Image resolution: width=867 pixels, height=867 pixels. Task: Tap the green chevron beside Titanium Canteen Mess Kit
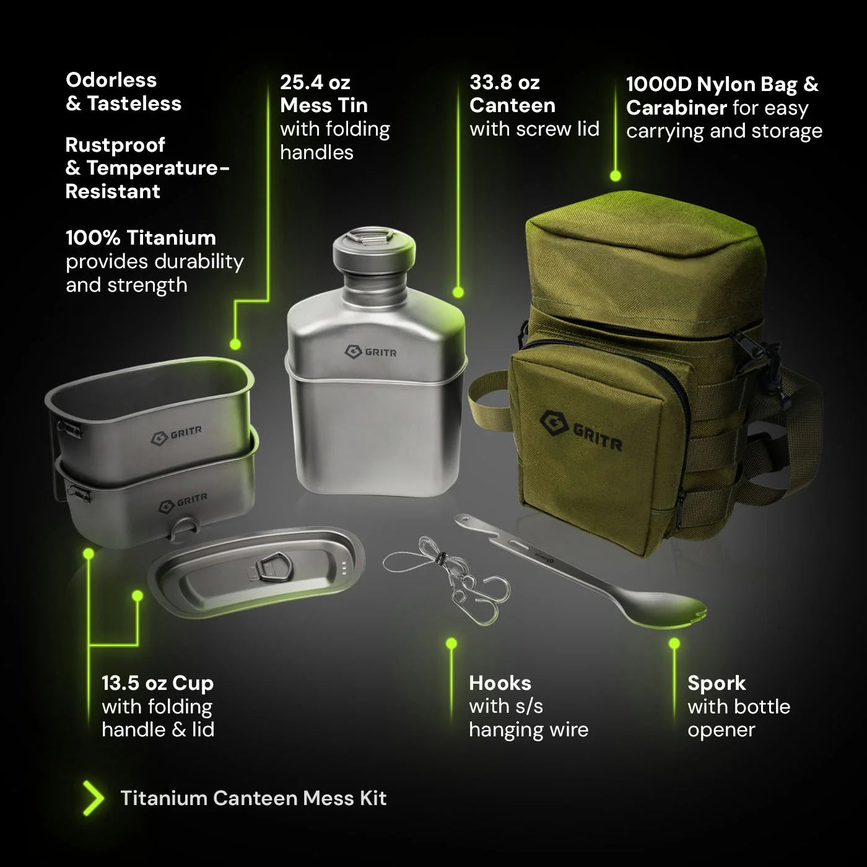(94, 798)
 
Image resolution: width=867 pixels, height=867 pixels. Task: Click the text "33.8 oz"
(504, 82)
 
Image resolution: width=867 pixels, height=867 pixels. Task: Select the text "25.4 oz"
(315, 82)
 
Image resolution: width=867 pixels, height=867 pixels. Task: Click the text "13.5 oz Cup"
(157, 683)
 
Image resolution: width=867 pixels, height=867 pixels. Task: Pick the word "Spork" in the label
(716, 683)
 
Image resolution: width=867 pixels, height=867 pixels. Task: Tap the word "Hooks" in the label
(500, 683)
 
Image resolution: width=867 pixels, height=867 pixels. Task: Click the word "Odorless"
(111, 80)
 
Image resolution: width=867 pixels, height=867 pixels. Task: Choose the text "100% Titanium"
(141, 238)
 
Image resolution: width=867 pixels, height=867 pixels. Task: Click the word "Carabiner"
(676, 108)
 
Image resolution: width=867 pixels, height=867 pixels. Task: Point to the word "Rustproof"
(115, 145)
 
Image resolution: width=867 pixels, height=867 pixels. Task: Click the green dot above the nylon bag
(615, 176)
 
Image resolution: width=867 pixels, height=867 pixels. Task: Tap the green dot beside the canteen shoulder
(458, 292)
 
